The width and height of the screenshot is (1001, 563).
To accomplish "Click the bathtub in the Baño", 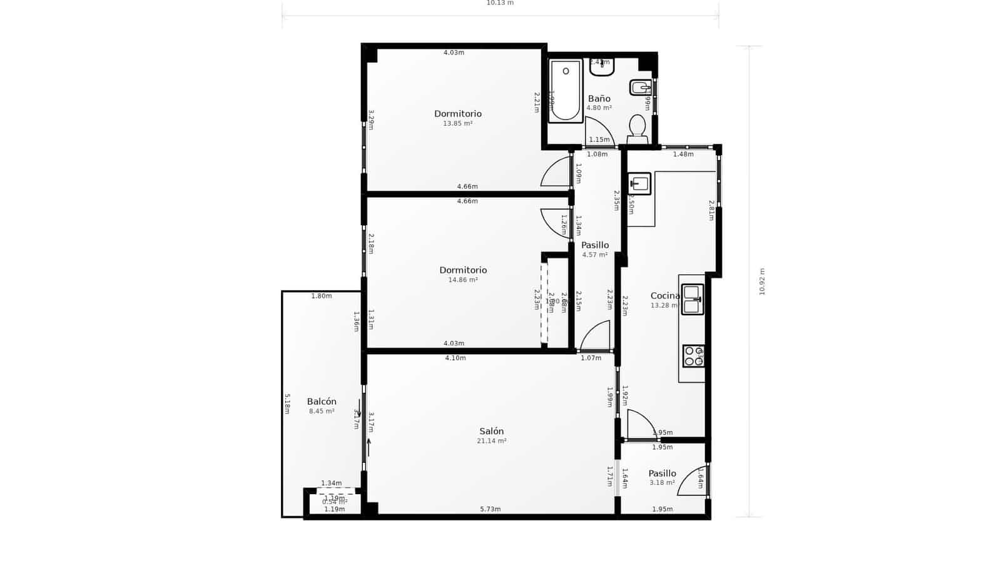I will coord(566,91).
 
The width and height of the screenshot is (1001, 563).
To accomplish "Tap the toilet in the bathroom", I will coord(637,127).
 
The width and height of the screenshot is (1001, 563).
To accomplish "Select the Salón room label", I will coord(491,431).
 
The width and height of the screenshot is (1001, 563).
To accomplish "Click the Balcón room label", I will coord(322,402).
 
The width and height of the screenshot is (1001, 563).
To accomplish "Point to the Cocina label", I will coord(664,296).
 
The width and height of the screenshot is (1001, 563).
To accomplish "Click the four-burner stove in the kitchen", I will coord(693,356).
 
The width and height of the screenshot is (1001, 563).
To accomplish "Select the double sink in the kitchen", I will coord(692,299).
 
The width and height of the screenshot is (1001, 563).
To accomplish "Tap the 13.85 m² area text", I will coord(457,124).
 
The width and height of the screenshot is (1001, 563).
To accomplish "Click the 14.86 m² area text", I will coord(462,280).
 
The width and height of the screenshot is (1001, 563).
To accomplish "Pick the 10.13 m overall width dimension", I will coord(500,3).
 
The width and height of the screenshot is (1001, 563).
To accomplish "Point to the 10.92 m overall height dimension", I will coord(762,281).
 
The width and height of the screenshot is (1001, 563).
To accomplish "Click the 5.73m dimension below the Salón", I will coord(490,509).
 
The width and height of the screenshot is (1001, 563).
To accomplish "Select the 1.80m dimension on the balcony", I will coord(322,296).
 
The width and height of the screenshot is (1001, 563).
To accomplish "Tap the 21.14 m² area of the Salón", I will coord(491,441).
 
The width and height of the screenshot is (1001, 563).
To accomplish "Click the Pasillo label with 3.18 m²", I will coord(662,474).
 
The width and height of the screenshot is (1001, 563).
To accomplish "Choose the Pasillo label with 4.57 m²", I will coord(594,245).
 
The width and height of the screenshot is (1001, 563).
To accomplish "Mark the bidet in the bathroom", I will coord(640,88).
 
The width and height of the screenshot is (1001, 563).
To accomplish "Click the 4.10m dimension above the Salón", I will coord(455,358).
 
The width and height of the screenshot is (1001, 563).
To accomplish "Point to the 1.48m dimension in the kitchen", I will coord(683,154).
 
